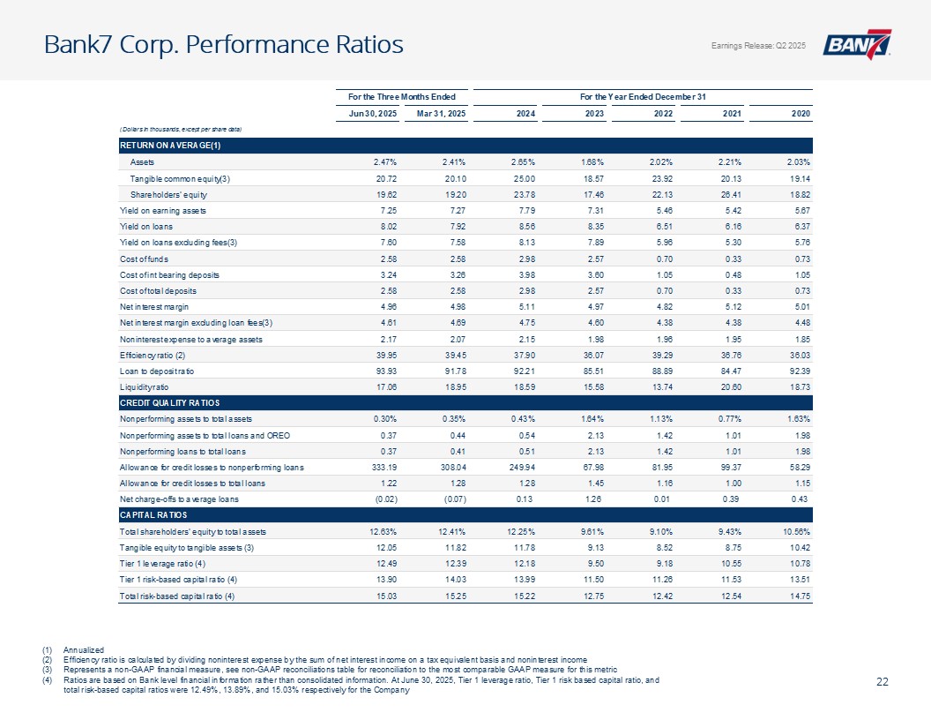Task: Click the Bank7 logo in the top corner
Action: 857,45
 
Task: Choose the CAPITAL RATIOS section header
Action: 150,514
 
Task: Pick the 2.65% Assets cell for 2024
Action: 528,161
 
